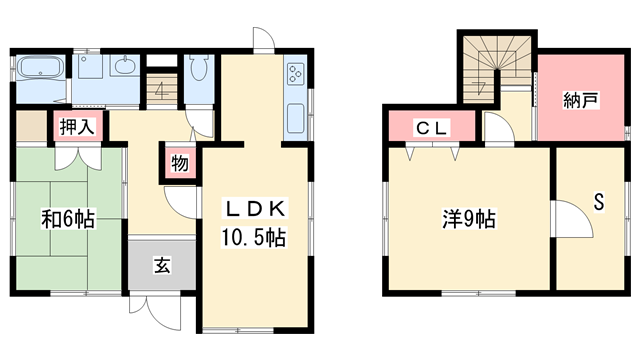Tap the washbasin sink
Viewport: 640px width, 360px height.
pyautogui.click(x=125, y=69)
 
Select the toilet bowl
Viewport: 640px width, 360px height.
pyautogui.click(x=198, y=71)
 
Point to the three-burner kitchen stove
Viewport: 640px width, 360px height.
pyautogui.click(x=297, y=73)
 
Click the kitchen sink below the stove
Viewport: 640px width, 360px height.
pyautogui.click(x=297, y=119)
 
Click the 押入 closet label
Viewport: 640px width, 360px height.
pyautogui.click(x=75, y=127)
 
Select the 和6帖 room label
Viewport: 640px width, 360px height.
pyautogui.click(x=68, y=219)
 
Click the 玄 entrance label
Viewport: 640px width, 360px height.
pyautogui.click(x=161, y=265)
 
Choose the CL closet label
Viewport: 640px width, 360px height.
pyautogui.click(x=432, y=127)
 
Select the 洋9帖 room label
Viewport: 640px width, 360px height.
pyautogui.click(x=470, y=217)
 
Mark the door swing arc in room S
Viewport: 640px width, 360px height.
pyautogui.click(x=566, y=217)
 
